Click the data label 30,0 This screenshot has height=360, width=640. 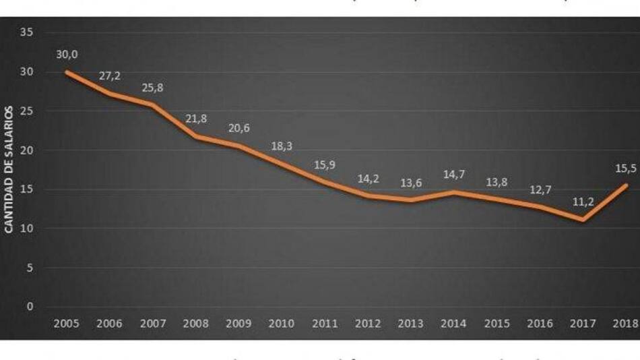coord(66,54)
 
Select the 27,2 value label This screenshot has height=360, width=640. coord(109,76)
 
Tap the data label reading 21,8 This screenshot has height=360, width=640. coord(196,119)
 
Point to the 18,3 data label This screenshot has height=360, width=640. coord(282,146)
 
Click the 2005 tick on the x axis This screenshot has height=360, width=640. coord(66,324)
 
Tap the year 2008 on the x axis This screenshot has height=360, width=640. coord(196,324)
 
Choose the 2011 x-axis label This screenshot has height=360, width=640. coord(325,324)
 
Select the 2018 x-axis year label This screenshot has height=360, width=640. coord(627,324)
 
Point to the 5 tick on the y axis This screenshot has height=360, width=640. coord(30,268)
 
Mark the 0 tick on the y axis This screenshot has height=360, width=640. coord(30,307)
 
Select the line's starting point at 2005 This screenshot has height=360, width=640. coord(66,71)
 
